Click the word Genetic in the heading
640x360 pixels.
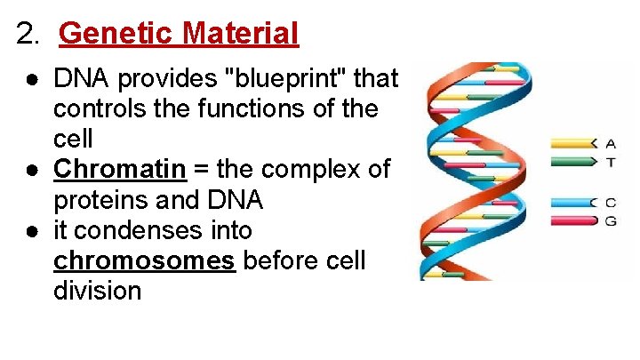click(115, 34)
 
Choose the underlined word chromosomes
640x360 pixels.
click(145, 260)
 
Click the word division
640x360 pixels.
click(97, 291)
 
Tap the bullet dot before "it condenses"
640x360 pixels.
click(31, 230)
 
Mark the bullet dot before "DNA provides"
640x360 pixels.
click(31, 79)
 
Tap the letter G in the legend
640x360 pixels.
click(610, 220)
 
